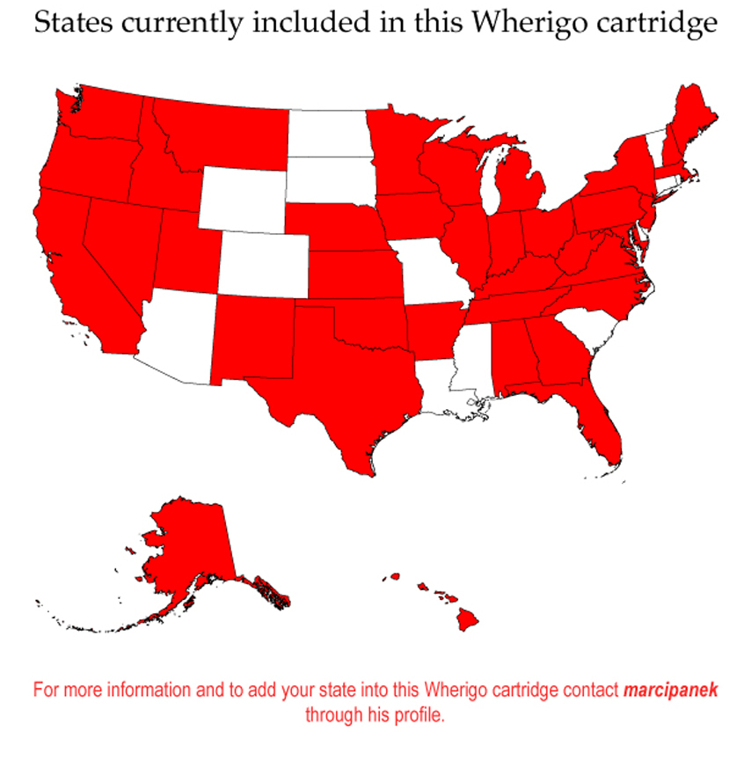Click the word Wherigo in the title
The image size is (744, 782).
[519, 24]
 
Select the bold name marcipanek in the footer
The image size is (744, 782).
[670, 690]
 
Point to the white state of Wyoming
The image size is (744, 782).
[242, 199]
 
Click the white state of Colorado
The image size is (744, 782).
[263, 265]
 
